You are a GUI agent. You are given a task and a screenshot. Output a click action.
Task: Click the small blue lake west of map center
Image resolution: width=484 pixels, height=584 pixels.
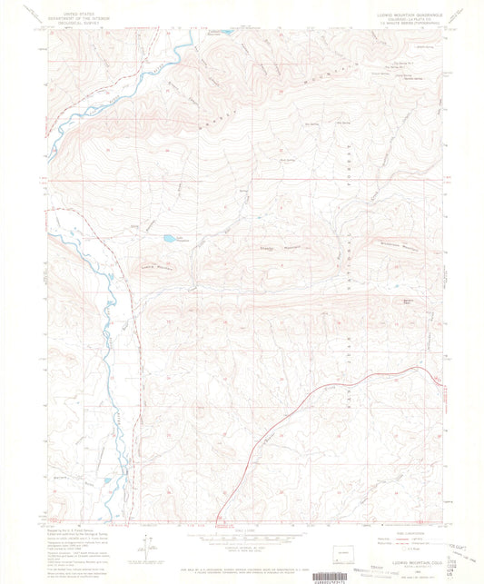pos(169,240)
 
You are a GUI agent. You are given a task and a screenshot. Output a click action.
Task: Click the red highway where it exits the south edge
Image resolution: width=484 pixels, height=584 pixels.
pos(220,520)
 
